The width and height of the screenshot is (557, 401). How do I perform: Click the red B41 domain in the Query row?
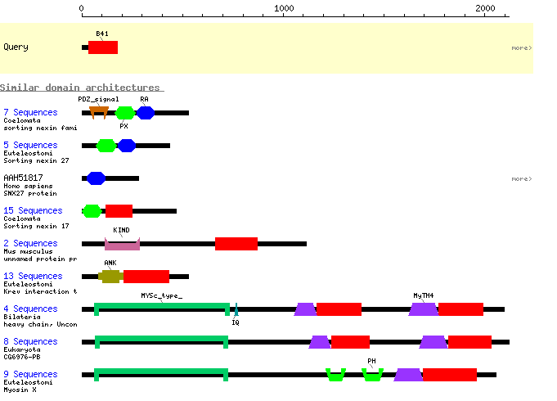pos(103,47)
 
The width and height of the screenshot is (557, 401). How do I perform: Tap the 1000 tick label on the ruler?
pos(284,8)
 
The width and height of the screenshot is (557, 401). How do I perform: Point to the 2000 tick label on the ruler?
pos(485,8)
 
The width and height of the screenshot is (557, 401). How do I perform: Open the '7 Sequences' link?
pos(30,112)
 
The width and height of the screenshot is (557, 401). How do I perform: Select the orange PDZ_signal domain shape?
pos(99,110)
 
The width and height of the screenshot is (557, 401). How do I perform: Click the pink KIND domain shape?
pos(122,245)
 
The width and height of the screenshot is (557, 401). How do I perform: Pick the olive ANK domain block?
pos(111,277)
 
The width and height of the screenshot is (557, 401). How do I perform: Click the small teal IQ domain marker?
pos(236,309)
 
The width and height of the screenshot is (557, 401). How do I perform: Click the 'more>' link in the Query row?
pos(522,47)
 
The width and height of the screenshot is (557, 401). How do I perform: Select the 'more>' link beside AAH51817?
pos(522,178)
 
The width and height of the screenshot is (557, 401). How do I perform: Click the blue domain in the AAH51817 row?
pos(96,178)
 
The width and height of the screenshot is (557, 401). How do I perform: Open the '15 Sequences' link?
pos(33,210)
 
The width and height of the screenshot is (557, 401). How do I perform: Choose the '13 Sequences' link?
pos(33,276)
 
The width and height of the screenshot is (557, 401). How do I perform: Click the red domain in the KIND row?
pos(236,244)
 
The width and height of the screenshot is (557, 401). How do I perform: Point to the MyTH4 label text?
pos(424,295)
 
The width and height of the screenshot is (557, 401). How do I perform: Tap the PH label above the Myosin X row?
pos(371,361)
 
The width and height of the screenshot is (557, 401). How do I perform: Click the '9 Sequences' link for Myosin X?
pos(30,374)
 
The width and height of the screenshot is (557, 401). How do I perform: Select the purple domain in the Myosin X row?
pos(408,375)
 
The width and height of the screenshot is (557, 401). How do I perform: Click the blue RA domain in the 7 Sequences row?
pos(146,113)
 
